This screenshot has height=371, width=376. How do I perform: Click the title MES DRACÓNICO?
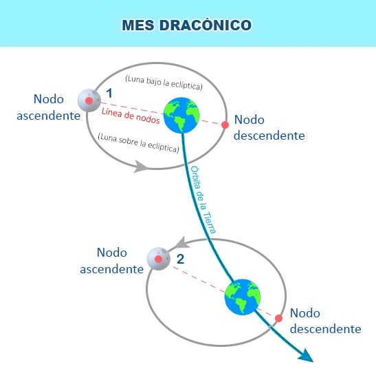click(187, 25)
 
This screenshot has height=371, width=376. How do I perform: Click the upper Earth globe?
click(181, 114)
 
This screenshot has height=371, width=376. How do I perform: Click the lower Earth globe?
click(243, 297)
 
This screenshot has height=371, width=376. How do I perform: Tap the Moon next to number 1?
click(88, 100)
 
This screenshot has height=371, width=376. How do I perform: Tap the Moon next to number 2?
click(159, 259)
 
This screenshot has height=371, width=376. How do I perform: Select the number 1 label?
click(108, 92)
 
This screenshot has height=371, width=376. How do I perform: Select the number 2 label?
click(180, 259)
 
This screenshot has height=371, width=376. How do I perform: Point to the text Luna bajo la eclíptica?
click(164, 83)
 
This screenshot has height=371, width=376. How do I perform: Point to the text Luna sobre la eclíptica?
click(138, 142)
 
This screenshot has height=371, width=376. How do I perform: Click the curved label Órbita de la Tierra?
click(203, 200)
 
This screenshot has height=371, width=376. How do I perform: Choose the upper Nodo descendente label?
click(269, 127)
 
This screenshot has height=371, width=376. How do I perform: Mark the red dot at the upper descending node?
click(225, 125)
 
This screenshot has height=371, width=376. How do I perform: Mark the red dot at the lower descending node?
click(279, 319)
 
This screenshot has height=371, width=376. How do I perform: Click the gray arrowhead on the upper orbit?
click(141, 167)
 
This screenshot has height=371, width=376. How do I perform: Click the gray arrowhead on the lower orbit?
click(181, 242)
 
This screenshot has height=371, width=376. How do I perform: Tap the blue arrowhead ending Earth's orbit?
click(307, 355)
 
